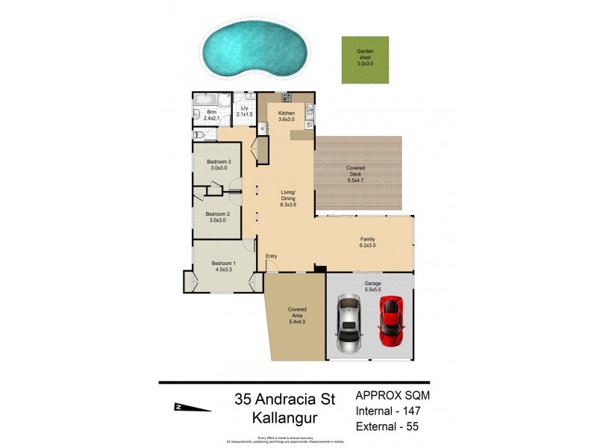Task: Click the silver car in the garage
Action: pyautogui.click(x=348, y=322)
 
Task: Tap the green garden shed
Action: pyautogui.click(x=364, y=60)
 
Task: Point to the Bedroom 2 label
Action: pyautogui.click(x=218, y=217)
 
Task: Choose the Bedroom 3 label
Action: pyautogui.click(x=219, y=166)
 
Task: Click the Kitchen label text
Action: pyautogui.click(x=287, y=116)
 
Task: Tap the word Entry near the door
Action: pyautogui.click(x=272, y=257)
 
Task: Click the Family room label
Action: pyautogui.click(x=367, y=242)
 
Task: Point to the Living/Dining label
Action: pyautogui.click(x=288, y=197)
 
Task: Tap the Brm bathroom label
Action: pyautogui.click(x=212, y=114)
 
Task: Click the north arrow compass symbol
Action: pyautogui.click(x=190, y=407)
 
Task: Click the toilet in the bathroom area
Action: pyautogui.click(x=199, y=134)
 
